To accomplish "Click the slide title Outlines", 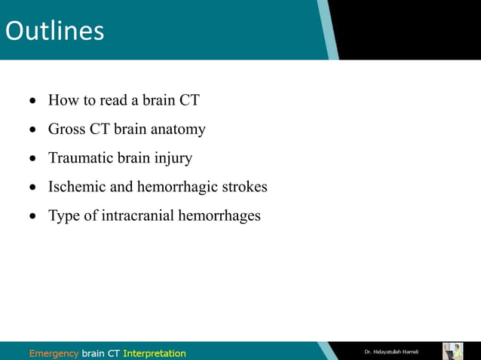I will (x=54, y=31).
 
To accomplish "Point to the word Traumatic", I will (x=79, y=158).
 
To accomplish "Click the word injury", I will (x=175, y=159).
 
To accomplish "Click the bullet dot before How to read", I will (x=32, y=101).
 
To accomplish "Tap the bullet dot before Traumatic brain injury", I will (x=32, y=159).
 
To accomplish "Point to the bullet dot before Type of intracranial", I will (x=32, y=217).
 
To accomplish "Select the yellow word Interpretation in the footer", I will (x=154, y=352).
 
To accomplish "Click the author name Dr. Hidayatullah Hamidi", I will (x=391, y=352).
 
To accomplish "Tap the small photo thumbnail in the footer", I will (x=452, y=351).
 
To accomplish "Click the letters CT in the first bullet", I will (x=189, y=100).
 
